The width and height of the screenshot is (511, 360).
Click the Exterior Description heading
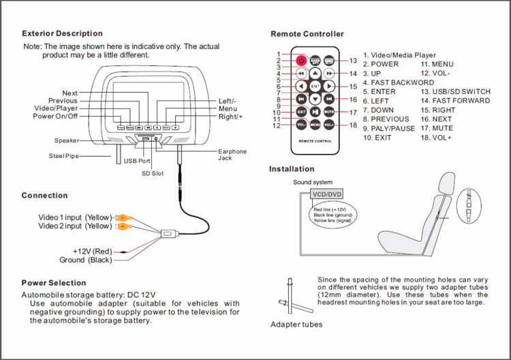pyautogui.click(x=62, y=33)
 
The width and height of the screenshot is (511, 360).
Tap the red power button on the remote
pyautogui.click(x=300, y=60)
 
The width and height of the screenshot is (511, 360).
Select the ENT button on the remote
pyautogui.click(x=315, y=87)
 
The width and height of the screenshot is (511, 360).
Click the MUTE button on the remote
pyautogui.click(x=328, y=112)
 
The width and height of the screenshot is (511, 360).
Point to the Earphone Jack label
pyautogui.click(x=232, y=154)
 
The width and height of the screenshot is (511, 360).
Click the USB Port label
pyautogui.click(x=137, y=161)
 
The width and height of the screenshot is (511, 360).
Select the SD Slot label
pyautogui.click(x=153, y=174)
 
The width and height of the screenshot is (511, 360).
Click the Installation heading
pyautogui.click(x=292, y=168)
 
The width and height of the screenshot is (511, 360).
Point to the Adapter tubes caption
pyautogui.click(x=296, y=325)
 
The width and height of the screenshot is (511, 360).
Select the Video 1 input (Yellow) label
pyautogui.click(x=74, y=217)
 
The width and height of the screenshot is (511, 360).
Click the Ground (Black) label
pyautogui.click(x=85, y=260)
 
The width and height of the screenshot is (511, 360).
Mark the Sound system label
pyautogui.click(x=313, y=182)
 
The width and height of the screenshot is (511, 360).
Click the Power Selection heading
pyautogui.click(x=54, y=282)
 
